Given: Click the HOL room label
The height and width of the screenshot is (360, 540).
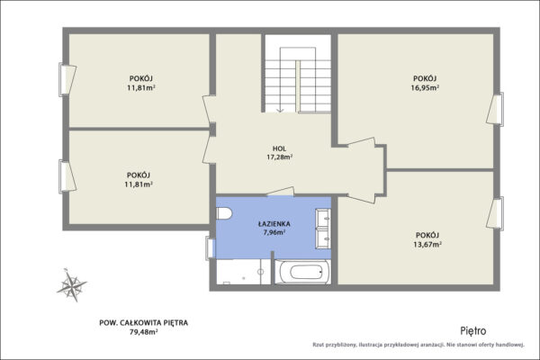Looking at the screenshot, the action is [279, 148].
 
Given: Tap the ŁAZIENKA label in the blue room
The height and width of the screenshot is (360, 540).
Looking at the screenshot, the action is [274, 224].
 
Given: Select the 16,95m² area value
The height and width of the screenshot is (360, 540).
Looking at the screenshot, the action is [425, 87].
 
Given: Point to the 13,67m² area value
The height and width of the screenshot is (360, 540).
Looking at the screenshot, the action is [427, 244].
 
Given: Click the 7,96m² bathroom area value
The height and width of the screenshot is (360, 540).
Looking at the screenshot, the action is [274, 232].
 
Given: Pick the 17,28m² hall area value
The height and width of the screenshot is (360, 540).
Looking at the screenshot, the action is [280, 157].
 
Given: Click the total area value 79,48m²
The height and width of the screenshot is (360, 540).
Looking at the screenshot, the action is [144, 332].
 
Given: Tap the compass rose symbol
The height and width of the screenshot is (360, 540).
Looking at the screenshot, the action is [72, 285].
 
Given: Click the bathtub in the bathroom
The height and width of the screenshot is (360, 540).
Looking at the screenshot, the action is [302, 272].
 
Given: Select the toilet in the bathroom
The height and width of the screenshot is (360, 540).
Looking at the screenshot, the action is [224, 213].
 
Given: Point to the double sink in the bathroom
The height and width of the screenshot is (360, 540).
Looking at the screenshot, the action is [323, 228].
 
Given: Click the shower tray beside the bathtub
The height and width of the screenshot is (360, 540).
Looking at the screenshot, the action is [243, 272].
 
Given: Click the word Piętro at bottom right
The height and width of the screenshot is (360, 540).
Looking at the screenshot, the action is [473, 331].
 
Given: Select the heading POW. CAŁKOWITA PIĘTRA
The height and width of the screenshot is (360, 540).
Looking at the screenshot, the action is [144, 323].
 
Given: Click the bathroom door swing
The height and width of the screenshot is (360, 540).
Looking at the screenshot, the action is [281, 192].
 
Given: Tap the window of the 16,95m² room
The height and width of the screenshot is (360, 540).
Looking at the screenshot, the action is [496, 109].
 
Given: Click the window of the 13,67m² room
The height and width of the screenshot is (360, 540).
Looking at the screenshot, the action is [496, 213].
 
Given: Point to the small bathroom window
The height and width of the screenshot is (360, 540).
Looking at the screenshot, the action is [210, 247].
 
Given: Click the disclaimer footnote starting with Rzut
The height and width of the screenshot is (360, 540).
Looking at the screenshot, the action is [418, 345].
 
